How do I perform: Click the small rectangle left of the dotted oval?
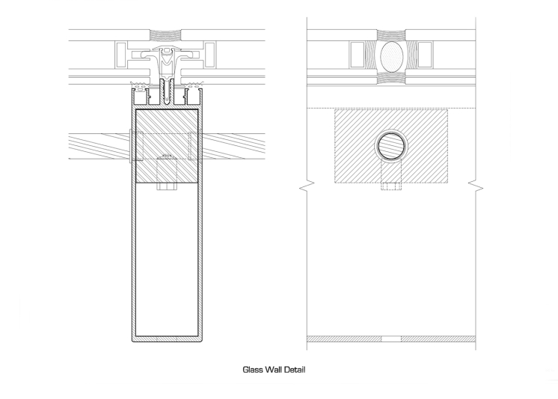357,54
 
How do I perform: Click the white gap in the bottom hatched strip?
390,340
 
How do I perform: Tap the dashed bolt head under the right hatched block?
390,187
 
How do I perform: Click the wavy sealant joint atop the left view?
167,34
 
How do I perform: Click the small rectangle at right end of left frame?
212,55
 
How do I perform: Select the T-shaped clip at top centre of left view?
167,55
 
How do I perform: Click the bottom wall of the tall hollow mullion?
167,339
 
